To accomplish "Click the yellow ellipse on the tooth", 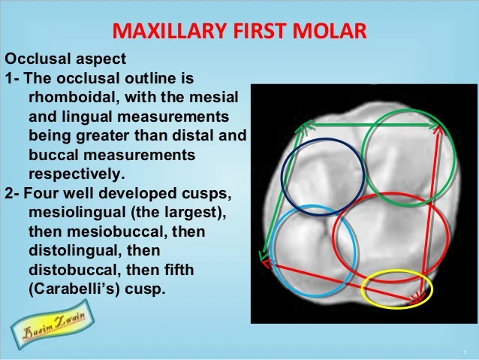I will (397, 289).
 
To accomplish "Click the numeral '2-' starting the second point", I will (12, 193).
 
